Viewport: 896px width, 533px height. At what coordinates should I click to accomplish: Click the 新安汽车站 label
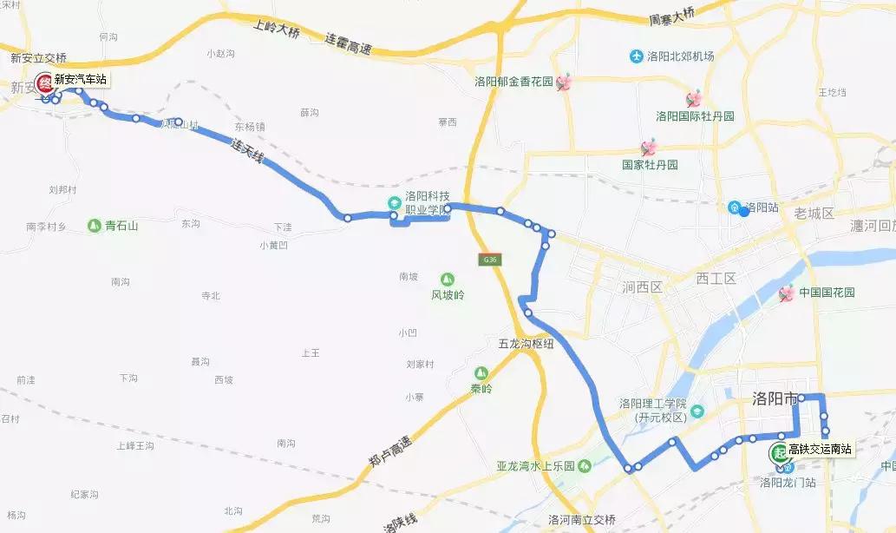[x=81, y=79]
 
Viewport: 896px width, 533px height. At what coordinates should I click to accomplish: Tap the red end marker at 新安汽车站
[x=45, y=82]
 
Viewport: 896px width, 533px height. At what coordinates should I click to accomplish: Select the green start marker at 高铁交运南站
[x=779, y=451]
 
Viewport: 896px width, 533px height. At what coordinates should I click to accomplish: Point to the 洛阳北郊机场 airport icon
[x=638, y=56]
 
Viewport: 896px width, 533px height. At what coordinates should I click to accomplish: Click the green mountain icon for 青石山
[x=94, y=226]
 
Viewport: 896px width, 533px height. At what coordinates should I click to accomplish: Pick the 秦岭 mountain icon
[x=481, y=373]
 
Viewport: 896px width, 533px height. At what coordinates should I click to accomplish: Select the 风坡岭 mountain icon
[x=448, y=280]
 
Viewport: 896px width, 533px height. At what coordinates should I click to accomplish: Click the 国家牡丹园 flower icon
[x=648, y=148]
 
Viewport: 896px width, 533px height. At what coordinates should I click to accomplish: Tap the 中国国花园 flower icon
[x=787, y=293]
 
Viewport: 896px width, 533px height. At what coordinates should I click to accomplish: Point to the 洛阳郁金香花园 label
[x=514, y=82]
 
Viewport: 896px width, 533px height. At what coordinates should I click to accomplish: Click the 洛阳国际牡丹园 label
[x=695, y=116]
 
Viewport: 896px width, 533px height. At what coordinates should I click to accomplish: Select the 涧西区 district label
[x=642, y=287]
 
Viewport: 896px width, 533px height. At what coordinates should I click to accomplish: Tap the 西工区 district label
[x=716, y=279]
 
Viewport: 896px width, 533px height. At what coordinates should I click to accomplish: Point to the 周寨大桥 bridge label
[x=671, y=16]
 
